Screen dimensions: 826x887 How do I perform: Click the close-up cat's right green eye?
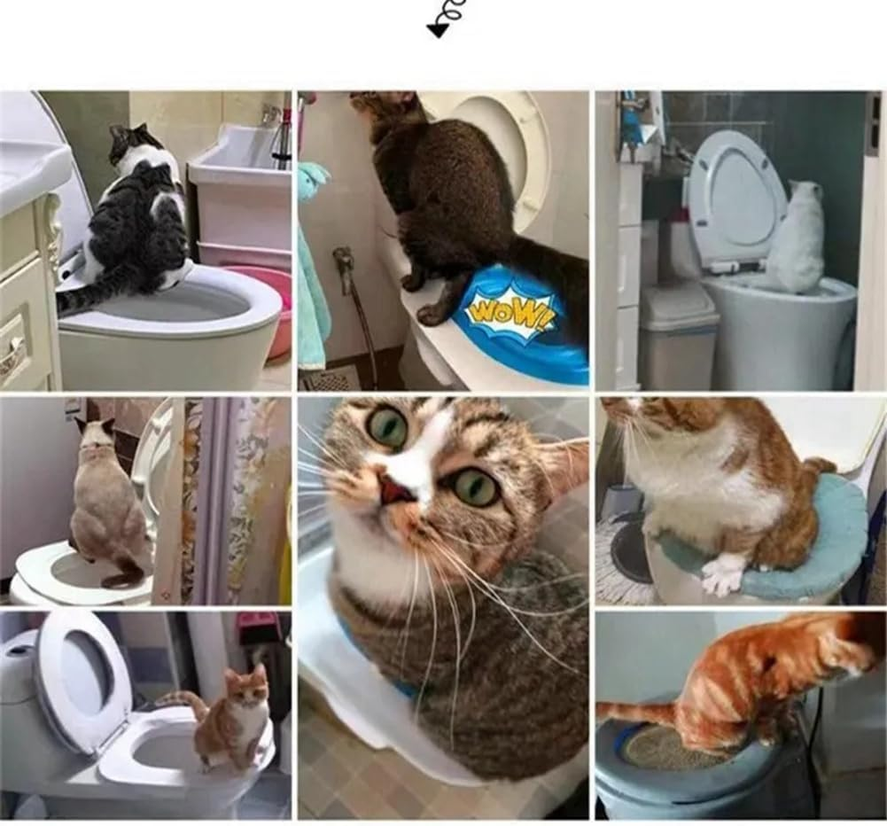(477, 487)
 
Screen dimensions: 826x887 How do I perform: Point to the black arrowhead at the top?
(438, 30)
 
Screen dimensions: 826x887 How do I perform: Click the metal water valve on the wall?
(343, 261)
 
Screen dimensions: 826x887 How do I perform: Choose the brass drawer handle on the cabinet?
(12, 355)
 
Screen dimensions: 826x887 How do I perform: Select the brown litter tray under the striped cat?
(670, 750)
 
